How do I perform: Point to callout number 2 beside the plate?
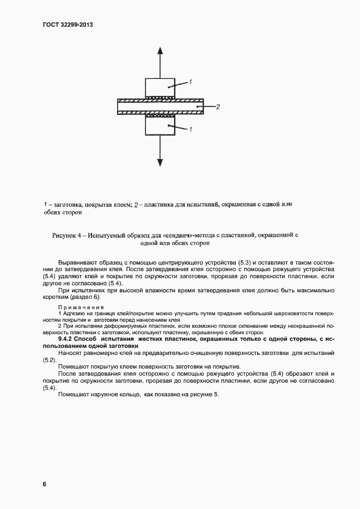point(217,107)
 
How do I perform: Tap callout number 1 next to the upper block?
point(191,82)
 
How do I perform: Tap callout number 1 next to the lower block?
point(191,130)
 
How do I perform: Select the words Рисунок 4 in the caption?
point(66,235)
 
